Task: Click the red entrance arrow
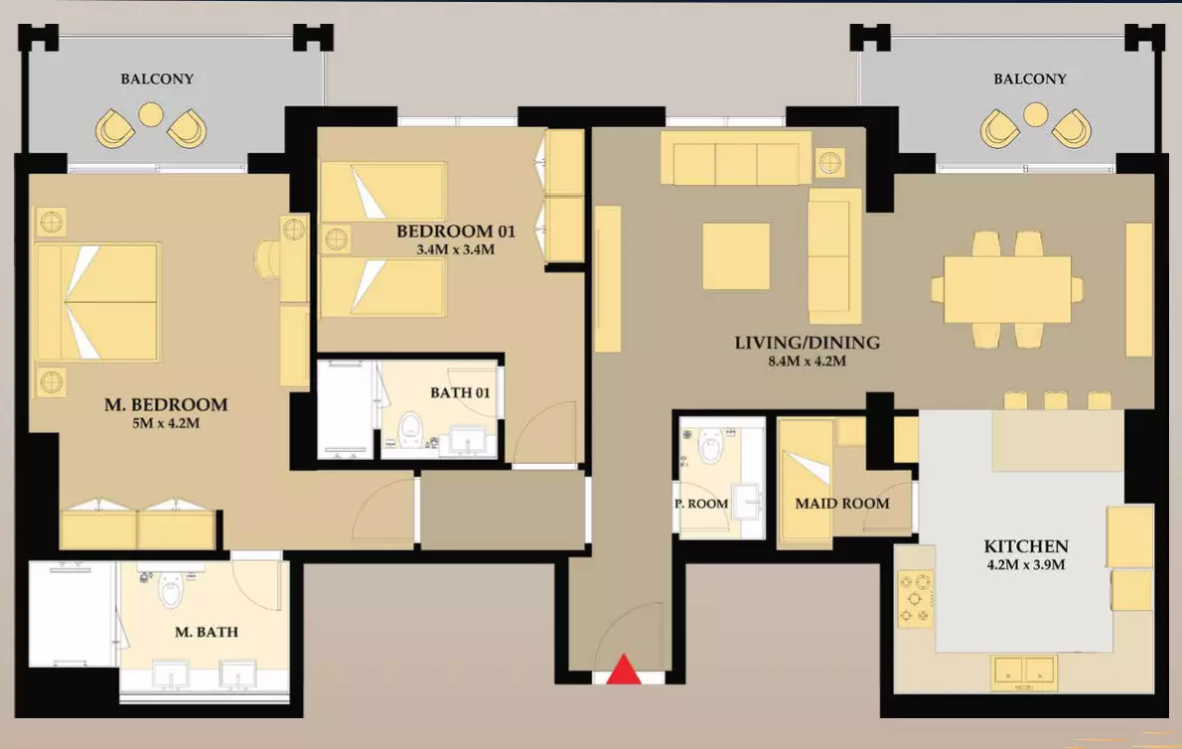tap(624, 670)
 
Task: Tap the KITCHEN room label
tap(1026, 546)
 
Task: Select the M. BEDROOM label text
tap(166, 404)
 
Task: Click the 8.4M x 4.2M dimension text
tap(808, 361)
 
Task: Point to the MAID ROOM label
tap(842, 504)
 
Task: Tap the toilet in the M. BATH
tap(171, 589)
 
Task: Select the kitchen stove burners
tap(915, 599)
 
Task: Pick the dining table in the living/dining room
tap(1007, 289)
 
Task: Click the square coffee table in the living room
tap(736, 256)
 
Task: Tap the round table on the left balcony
tap(151, 114)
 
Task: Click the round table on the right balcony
tap(1036, 114)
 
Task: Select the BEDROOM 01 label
tap(456, 231)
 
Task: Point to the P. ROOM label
tap(701, 504)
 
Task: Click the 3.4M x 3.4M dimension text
tap(456, 249)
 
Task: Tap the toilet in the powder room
tap(710, 446)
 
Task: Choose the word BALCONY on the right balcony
tap(1030, 78)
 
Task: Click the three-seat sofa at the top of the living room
tap(736, 159)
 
